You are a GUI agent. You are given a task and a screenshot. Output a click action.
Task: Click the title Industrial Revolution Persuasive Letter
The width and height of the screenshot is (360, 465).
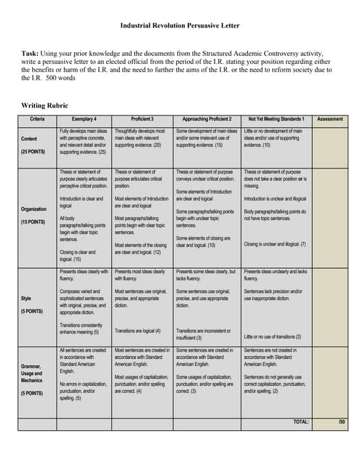point(180,26)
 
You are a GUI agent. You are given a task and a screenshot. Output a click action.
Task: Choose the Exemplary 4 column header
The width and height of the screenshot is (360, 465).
point(84,118)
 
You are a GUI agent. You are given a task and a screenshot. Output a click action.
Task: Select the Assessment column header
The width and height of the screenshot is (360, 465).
point(329,118)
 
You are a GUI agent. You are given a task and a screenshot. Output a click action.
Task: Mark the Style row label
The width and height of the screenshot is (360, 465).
point(25,297)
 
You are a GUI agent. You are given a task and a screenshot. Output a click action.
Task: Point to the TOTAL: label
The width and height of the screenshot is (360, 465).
point(300,421)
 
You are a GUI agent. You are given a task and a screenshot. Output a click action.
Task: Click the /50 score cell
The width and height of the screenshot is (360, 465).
point(341,421)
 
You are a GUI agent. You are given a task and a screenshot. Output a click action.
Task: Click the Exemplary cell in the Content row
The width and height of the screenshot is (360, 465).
point(84,142)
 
